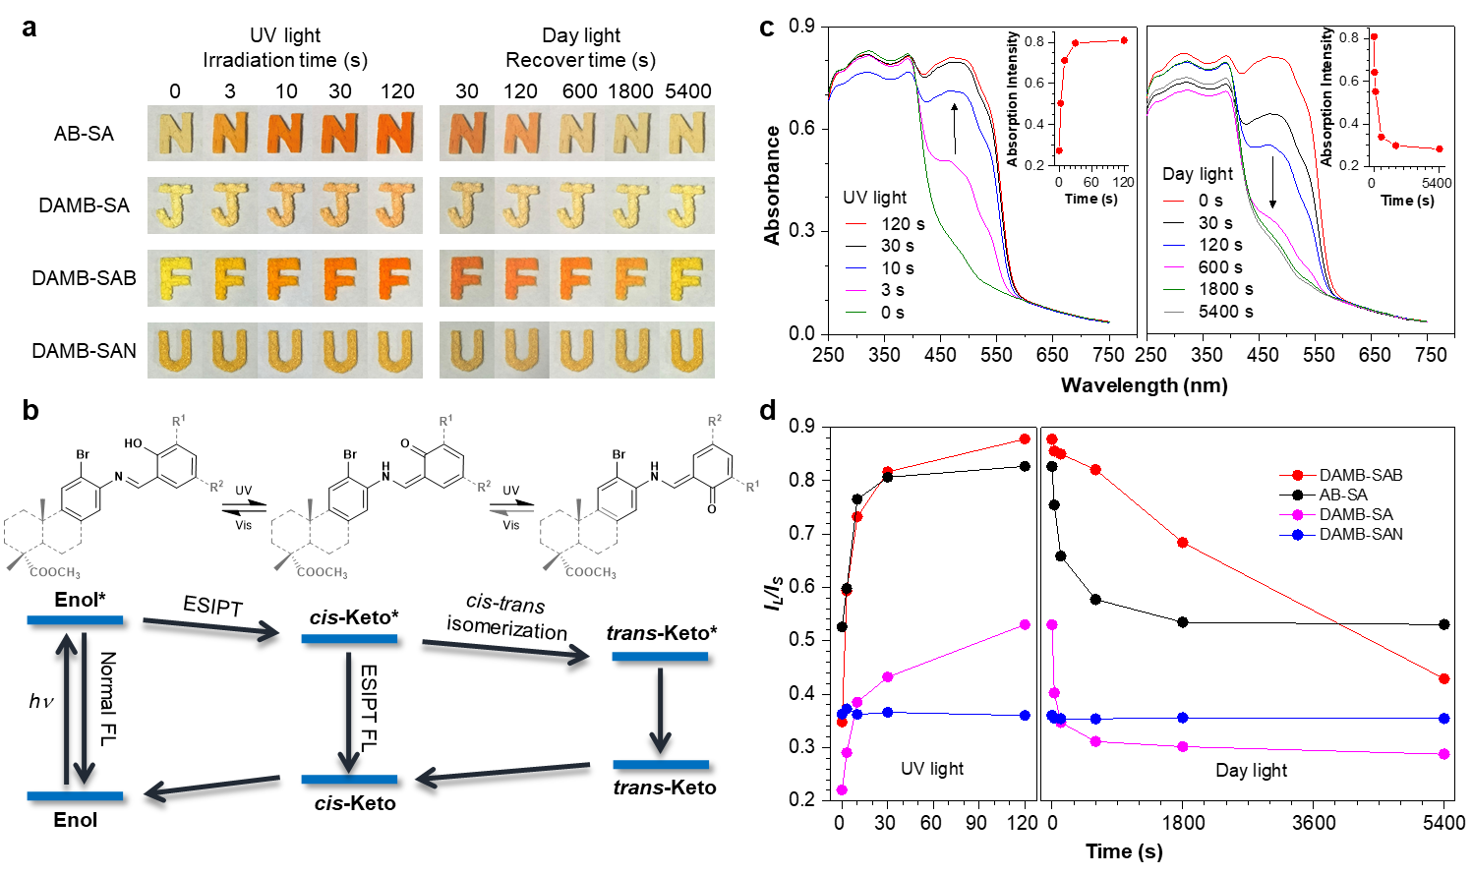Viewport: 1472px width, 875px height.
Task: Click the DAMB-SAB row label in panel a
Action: [x=85, y=278]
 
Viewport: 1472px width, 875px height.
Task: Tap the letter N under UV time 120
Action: [x=395, y=133]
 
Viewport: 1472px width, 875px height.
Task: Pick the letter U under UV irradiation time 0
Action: [x=175, y=350]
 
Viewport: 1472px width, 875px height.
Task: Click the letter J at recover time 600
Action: [x=576, y=204]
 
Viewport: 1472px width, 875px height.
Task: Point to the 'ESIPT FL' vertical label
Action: [x=369, y=709]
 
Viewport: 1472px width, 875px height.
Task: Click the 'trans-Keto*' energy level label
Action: [x=662, y=633]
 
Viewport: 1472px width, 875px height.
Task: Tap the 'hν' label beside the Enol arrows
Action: [x=40, y=702]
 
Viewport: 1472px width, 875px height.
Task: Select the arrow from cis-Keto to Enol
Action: [x=211, y=786]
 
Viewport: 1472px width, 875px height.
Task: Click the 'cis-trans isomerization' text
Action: [x=506, y=617]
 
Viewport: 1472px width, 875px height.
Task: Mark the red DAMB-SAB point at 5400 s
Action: [x=1443, y=678]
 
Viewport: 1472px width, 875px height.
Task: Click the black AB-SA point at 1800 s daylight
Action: [x=1183, y=622]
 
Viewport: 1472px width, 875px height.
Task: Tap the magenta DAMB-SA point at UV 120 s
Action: [x=1026, y=624]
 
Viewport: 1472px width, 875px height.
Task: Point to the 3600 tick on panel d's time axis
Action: [x=1314, y=823]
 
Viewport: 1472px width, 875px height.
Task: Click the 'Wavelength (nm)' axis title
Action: [x=1145, y=385]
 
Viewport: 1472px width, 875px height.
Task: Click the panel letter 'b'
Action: [x=30, y=411]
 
